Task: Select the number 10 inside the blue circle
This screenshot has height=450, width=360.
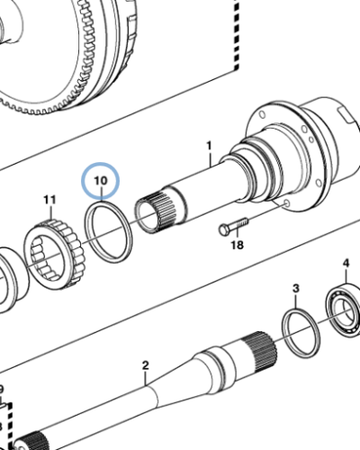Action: click(100, 181)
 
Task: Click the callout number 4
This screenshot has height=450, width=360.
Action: click(345, 263)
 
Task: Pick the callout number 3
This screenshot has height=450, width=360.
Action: click(294, 288)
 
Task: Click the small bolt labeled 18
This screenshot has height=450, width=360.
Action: click(231, 226)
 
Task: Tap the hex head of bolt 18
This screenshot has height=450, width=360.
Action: click(221, 229)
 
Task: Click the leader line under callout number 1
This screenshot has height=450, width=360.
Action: click(208, 160)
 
